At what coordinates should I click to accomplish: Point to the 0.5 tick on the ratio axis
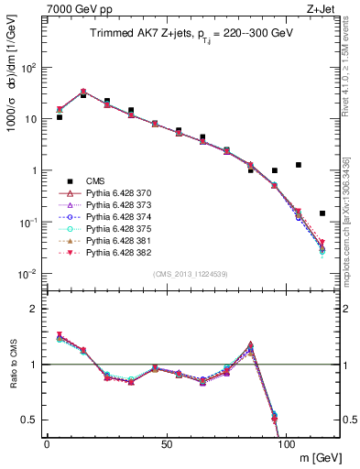click(30, 420)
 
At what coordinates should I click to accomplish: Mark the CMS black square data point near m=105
click(299, 165)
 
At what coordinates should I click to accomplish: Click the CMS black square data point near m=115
click(322, 213)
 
